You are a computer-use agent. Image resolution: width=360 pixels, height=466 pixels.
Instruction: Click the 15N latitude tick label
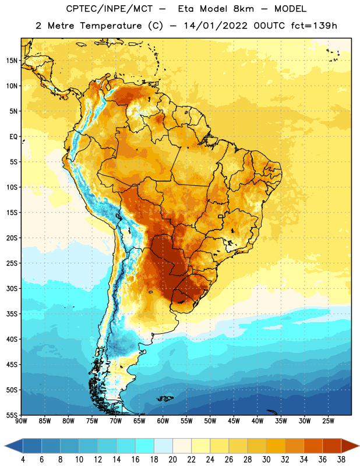click(x=12, y=61)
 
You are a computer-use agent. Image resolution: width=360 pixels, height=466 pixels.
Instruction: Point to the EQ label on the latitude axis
click(x=13, y=137)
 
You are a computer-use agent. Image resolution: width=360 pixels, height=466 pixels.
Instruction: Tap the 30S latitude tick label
click(x=12, y=288)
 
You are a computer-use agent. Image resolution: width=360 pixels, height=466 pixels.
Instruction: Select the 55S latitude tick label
click(x=12, y=415)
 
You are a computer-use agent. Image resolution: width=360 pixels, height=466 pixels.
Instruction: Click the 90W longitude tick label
click(x=21, y=421)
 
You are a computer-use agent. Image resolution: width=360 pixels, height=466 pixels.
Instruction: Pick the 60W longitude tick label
click(x=163, y=421)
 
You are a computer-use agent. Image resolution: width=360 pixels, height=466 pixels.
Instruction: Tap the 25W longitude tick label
click(x=328, y=421)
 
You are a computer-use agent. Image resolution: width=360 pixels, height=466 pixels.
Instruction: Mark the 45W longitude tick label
click(x=234, y=421)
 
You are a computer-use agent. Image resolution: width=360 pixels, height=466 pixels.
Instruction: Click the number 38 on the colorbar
click(x=341, y=460)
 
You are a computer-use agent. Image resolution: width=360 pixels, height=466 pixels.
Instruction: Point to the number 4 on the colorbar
click(x=23, y=460)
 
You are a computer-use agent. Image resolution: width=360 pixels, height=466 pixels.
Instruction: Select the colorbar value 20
click(x=172, y=460)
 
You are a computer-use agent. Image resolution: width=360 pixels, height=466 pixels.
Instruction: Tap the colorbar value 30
click(x=266, y=460)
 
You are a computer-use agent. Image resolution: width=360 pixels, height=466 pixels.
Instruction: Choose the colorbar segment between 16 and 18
click(x=144, y=446)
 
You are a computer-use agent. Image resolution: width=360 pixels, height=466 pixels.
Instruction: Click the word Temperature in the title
click(x=111, y=26)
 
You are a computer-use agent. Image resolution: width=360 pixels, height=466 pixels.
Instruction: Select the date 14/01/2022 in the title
click(x=216, y=26)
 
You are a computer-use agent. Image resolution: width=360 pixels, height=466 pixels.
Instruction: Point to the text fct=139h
click(x=314, y=26)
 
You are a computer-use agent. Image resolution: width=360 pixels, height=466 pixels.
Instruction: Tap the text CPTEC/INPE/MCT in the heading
click(x=109, y=9)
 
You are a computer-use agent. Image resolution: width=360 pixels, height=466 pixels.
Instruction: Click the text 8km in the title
click(x=243, y=9)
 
